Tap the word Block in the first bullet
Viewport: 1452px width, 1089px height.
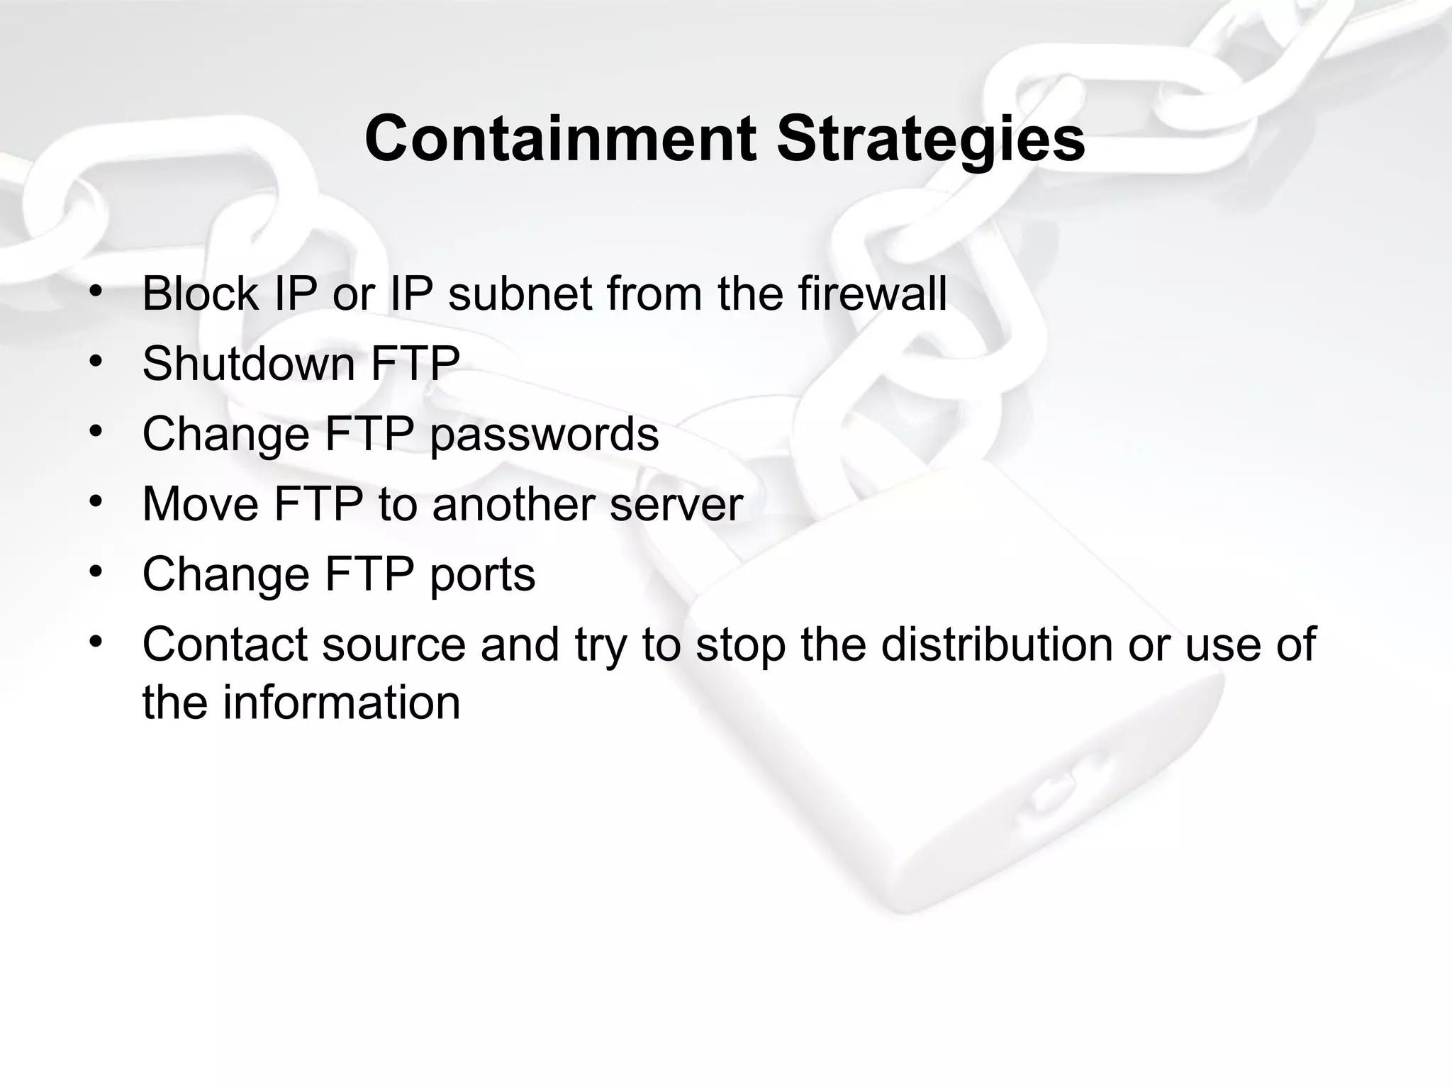(200, 294)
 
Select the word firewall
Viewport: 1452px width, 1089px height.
(872, 294)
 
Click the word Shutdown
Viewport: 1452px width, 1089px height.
(248, 364)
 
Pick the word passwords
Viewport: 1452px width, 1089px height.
(544, 435)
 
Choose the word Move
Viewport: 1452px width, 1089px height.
(200, 504)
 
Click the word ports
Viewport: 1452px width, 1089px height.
(482, 575)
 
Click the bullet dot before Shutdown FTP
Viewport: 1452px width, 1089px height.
(96, 362)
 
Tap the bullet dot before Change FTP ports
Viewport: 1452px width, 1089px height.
(96, 572)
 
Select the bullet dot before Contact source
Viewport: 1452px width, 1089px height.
(96, 642)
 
